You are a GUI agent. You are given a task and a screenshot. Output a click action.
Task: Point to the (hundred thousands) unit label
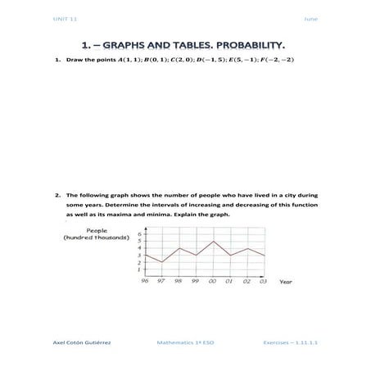coord(97,238)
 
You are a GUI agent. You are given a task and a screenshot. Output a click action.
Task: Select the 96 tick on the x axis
coord(145,281)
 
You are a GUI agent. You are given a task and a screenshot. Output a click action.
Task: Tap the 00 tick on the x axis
coord(213,281)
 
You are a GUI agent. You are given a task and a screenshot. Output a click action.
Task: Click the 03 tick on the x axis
coord(264,281)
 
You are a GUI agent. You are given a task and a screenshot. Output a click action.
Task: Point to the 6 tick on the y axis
coord(139,234)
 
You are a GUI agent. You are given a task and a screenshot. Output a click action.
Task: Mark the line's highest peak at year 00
coord(213,241)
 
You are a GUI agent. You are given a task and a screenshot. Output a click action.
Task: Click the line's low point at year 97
coord(162,262)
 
